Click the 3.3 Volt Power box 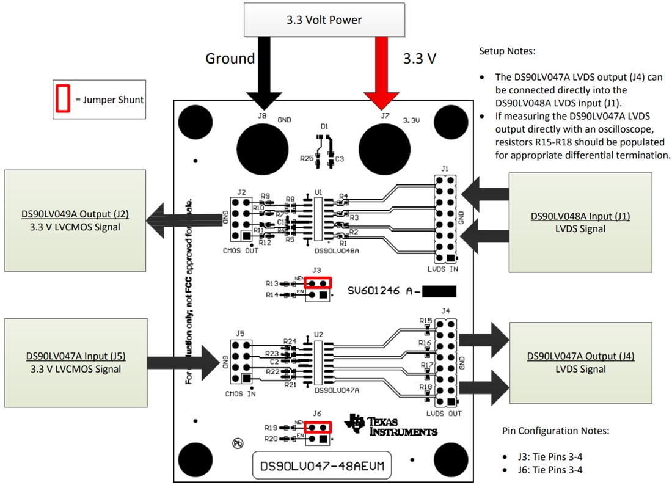point(324,20)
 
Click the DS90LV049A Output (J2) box point(75,221)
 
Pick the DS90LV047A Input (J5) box point(75,362)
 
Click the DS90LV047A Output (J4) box point(580,362)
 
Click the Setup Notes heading point(506,51)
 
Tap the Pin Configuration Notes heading point(555,431)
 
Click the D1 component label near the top point(324,126)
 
